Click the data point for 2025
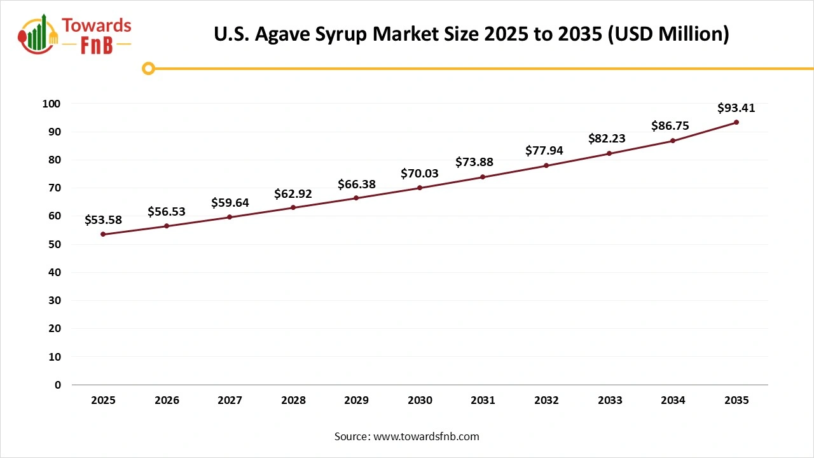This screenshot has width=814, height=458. tap(103, 234)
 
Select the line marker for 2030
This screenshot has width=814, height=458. tap(420, 188)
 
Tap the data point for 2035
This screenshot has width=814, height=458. tap(736, 122)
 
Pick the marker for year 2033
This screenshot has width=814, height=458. tap(609, 153)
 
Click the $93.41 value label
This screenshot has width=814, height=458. tap(736, 108)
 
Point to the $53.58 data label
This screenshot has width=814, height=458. tap(103, 220)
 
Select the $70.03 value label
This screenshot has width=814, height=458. tap(420, 174)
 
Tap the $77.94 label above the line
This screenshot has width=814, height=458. tap(544, 151)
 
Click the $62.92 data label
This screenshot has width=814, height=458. tap(293, 194)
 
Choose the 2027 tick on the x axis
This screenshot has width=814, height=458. tap(230, 400)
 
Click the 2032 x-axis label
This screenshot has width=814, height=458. tap(546, 400)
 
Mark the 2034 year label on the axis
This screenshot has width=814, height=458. tap(673, 400)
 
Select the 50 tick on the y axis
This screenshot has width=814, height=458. tap(56, 244)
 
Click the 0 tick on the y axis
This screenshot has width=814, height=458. tap(58, 385)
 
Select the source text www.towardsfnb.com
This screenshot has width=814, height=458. tap(426, 436)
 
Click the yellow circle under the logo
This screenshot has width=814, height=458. tap(148, 68)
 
